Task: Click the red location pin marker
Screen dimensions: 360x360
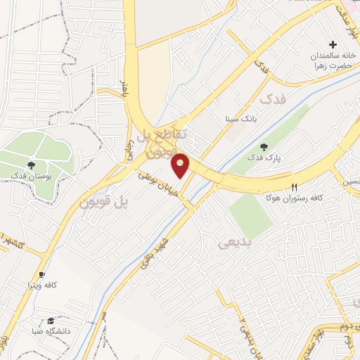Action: [x=181, y=165]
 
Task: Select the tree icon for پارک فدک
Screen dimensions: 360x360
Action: [x=264, y=147]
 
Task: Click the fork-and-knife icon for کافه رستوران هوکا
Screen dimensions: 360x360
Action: [x=295, y=187]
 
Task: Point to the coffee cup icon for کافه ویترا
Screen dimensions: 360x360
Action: [x=41, y=274]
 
